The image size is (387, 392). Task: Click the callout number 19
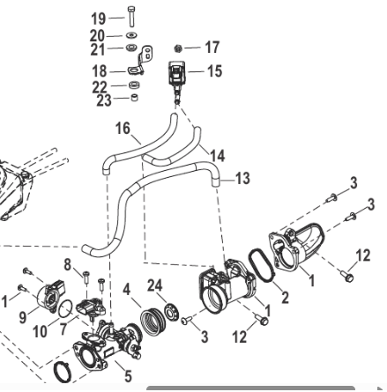[99, 18]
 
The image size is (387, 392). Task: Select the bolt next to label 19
[131, 17]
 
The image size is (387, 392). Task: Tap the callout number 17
[212, 47]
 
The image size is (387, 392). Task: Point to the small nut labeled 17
[177, 48]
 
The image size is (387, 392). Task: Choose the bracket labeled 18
[141, 60]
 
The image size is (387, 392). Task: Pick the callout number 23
[104, 100]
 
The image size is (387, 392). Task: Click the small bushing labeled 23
[134, 97]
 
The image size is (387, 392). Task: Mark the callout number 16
[123, 129]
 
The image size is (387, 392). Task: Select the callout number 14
[218, 156]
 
